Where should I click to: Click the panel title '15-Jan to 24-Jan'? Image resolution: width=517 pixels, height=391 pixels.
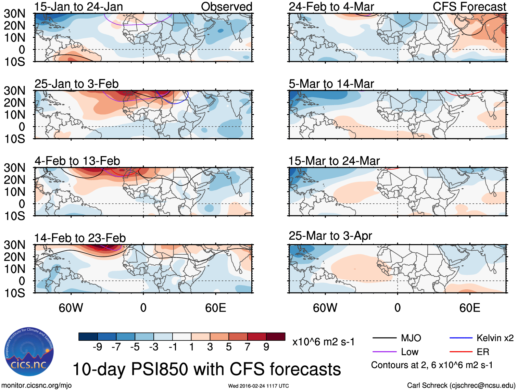point(78,7)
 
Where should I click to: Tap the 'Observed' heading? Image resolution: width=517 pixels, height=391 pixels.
point(226,7)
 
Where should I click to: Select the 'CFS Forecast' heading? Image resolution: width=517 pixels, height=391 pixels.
point(469,7)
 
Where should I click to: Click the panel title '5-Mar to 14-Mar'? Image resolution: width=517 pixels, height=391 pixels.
point(331,84)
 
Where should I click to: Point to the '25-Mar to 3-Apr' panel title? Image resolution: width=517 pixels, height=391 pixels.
point(330,236)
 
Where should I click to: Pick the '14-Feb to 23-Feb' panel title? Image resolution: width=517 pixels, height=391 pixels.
point(80,238)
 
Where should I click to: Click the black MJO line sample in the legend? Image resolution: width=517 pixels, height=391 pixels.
point(384,338)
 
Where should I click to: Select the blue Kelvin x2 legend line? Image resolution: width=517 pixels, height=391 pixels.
point(461,338)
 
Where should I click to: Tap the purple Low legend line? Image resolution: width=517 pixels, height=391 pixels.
point(384,352)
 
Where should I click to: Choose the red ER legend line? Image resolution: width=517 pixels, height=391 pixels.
point(461,352)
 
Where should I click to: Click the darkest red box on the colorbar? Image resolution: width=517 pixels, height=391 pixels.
point(276,337)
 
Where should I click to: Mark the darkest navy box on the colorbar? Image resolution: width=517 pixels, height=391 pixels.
point(88,337)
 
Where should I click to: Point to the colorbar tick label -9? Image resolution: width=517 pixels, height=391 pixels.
point(97,347)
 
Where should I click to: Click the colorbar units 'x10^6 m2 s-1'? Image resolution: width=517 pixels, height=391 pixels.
point(323,342)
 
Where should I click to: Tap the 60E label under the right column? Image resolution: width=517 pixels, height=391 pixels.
point(469,308)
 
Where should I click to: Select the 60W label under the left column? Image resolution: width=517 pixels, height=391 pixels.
point(71,308)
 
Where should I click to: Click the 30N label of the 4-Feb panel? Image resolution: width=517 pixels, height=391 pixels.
point(14,168)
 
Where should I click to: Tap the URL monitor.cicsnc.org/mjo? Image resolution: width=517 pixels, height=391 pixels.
point(37,386)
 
